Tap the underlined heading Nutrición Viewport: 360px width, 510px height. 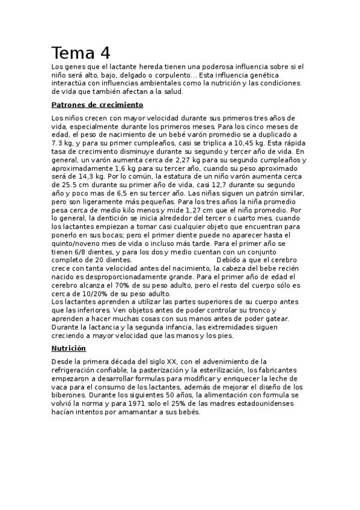tap(69, 348)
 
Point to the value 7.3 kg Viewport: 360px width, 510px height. tap(63, 144)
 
